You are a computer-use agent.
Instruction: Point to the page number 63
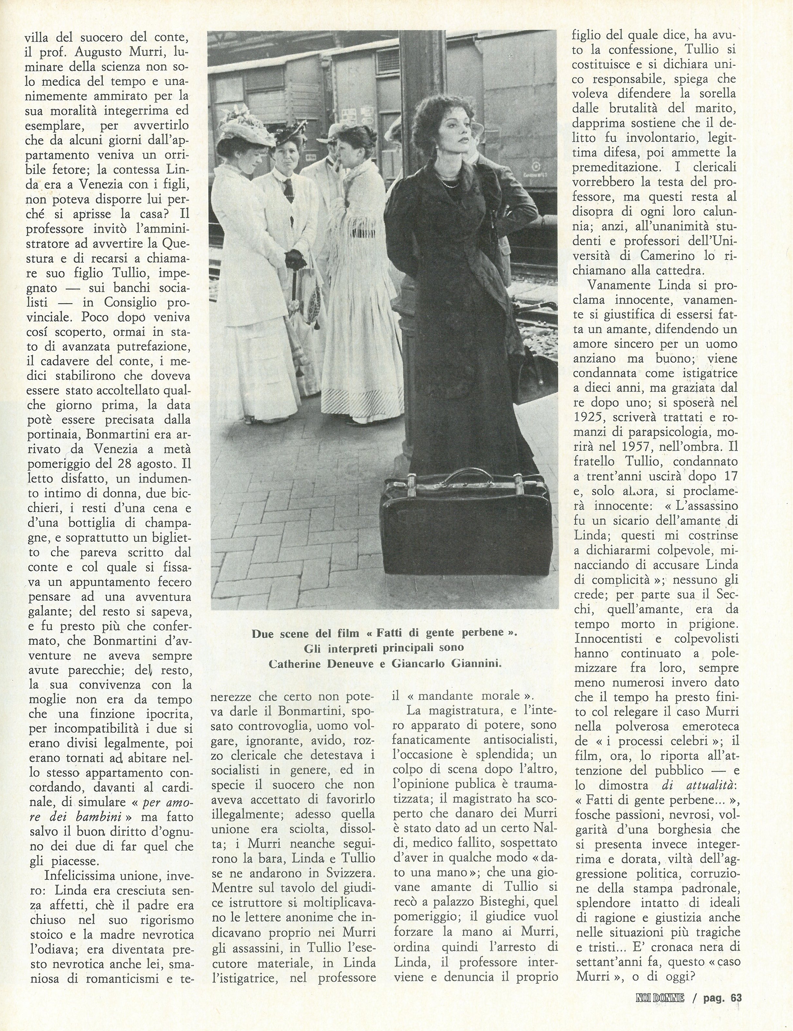click(x=736, y=1011)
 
